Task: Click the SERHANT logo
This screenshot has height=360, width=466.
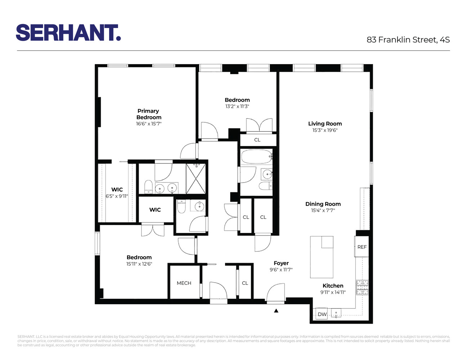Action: pos(68,33)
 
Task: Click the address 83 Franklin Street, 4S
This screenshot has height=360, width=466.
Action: pos(408,40)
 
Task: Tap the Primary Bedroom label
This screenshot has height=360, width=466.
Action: pos(148,114)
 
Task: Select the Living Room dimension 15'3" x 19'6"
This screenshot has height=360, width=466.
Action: pos(325,130)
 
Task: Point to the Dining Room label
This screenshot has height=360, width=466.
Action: pos(323,204)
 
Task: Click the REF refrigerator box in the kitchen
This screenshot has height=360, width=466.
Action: pos(362,247)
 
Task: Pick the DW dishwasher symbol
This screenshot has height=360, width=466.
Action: pos(322,314)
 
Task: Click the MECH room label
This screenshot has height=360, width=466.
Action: pos(184,283)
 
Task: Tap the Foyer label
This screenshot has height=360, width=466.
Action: pos(281,263)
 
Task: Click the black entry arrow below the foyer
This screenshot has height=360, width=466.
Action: pos(276,311)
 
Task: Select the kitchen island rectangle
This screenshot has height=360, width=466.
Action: pos(322,257)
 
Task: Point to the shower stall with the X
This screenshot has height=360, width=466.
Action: pos(196,179)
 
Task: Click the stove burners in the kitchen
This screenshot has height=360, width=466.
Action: pos(362,287)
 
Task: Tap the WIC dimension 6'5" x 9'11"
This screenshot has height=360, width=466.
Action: pos(117,196)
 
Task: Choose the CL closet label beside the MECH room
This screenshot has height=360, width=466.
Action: pos(245,283)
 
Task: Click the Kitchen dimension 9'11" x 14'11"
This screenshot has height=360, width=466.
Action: pos(333,292)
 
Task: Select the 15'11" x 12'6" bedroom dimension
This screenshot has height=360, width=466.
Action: pos(139,264)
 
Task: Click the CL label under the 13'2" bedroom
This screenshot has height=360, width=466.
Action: pos(257,140)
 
